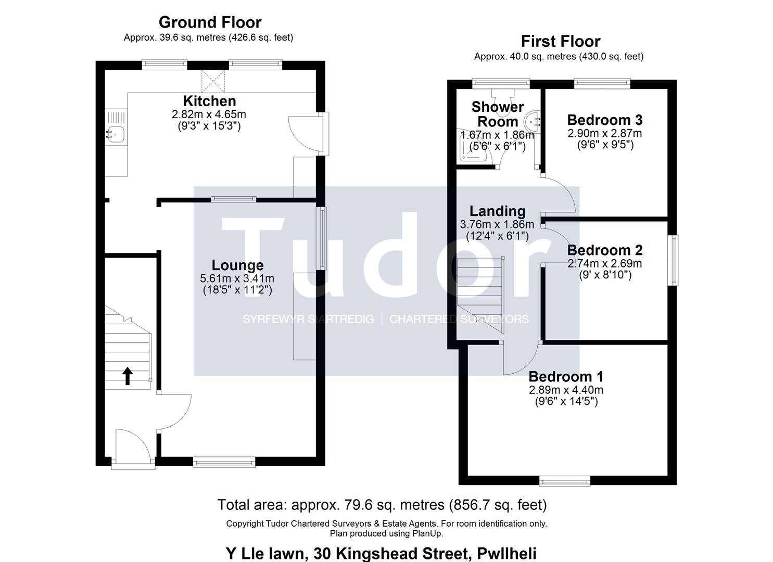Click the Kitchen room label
coord(209,101)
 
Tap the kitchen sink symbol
coord(116,134)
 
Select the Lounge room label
coord(237,265)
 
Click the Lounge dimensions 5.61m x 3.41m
coord(237,278)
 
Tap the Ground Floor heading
coord(210,22)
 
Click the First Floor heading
coord(561,42)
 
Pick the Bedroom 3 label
coord(605,120)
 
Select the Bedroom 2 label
coord(605,250)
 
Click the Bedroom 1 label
coord(566,377)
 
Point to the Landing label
coord(498,211)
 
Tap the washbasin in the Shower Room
coord(532,121)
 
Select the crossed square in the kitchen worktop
coord(213,81)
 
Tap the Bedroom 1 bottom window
coord(565,481)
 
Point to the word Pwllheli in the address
coord(506,553)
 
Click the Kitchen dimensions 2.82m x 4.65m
coord(209,114)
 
